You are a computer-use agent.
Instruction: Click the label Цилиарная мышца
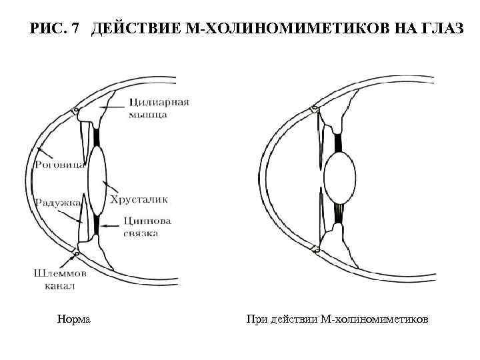(x=158, y=108)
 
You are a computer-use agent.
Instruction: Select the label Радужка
(x=58, y=201)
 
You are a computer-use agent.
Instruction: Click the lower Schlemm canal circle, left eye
(x=78, y=252)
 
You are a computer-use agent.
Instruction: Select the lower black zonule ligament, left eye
(x=96, y=225)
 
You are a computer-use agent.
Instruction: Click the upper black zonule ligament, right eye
(x=338, y=142)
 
